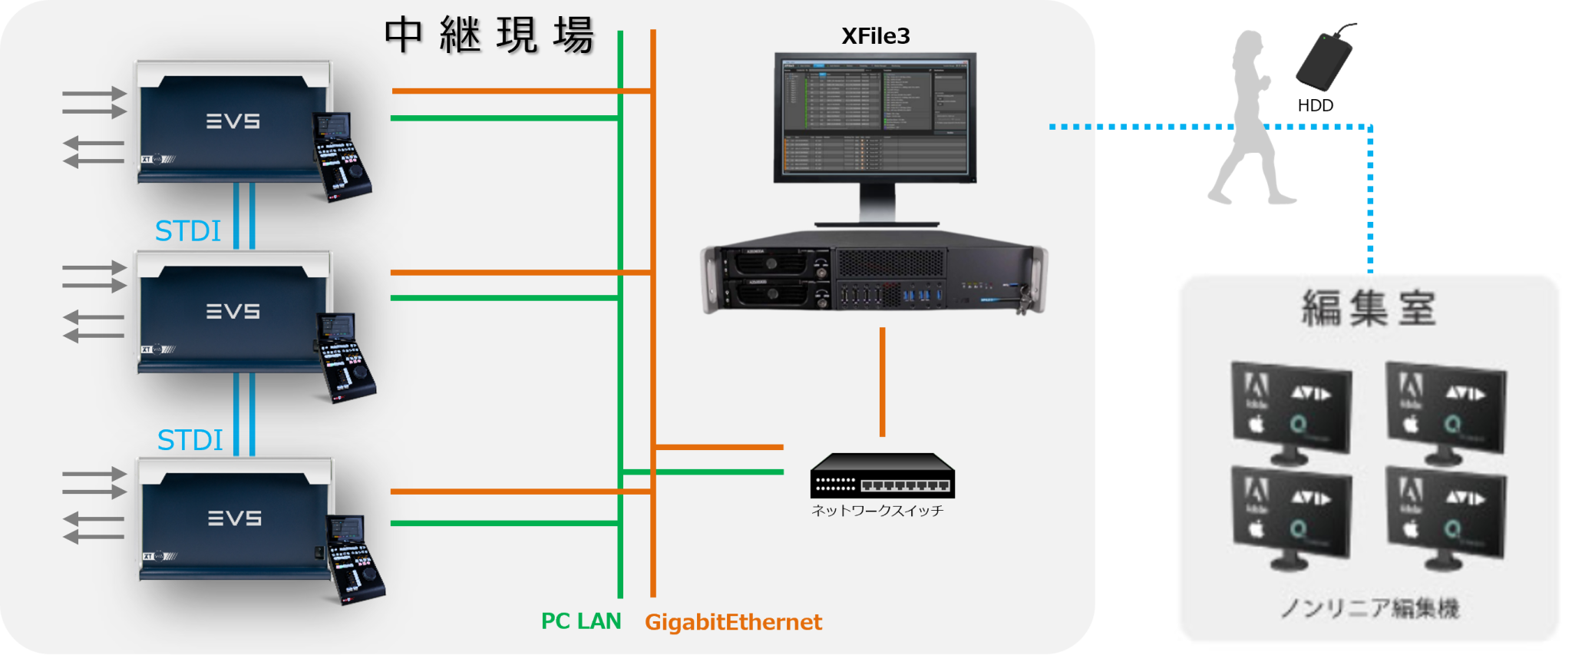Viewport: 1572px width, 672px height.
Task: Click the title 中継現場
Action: pyautogui.click(x=489, y=35)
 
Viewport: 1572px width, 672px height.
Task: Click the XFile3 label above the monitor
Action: pyautogui.click(x=875, y=36)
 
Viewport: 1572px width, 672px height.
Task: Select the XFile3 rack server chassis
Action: pyautogui.click(x=874, y=278)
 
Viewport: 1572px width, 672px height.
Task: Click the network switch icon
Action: pyautogui.click(x=882, y=475)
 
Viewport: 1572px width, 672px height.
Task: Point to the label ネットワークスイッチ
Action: pyautogui.click(x=877, y=511)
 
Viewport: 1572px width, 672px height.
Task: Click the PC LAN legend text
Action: pyautogui.click(x=581, y=621)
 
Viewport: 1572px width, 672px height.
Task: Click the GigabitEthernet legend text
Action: pyautogui.click(x=733, y=622)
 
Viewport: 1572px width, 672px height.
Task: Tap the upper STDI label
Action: pyautogui.click(x=187, y=231)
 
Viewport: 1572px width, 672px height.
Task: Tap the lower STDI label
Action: pyautogui.click(x=190, y=441)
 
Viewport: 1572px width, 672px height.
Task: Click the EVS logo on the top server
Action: pyautogui.click(x=233, y=121)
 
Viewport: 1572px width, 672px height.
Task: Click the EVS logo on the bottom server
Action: pyautogui.click(x=235, y=519)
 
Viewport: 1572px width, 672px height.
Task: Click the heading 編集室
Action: pyautogui.click(x=1369, y=308)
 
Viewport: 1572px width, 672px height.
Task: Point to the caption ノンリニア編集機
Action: pyautogui.click(x=1369, y=609)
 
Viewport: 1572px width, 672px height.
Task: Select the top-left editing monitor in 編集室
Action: pyautogui.click(x=1291, y=412)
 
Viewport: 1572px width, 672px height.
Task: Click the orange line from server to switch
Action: pyautogui.click(x=882, y=382)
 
